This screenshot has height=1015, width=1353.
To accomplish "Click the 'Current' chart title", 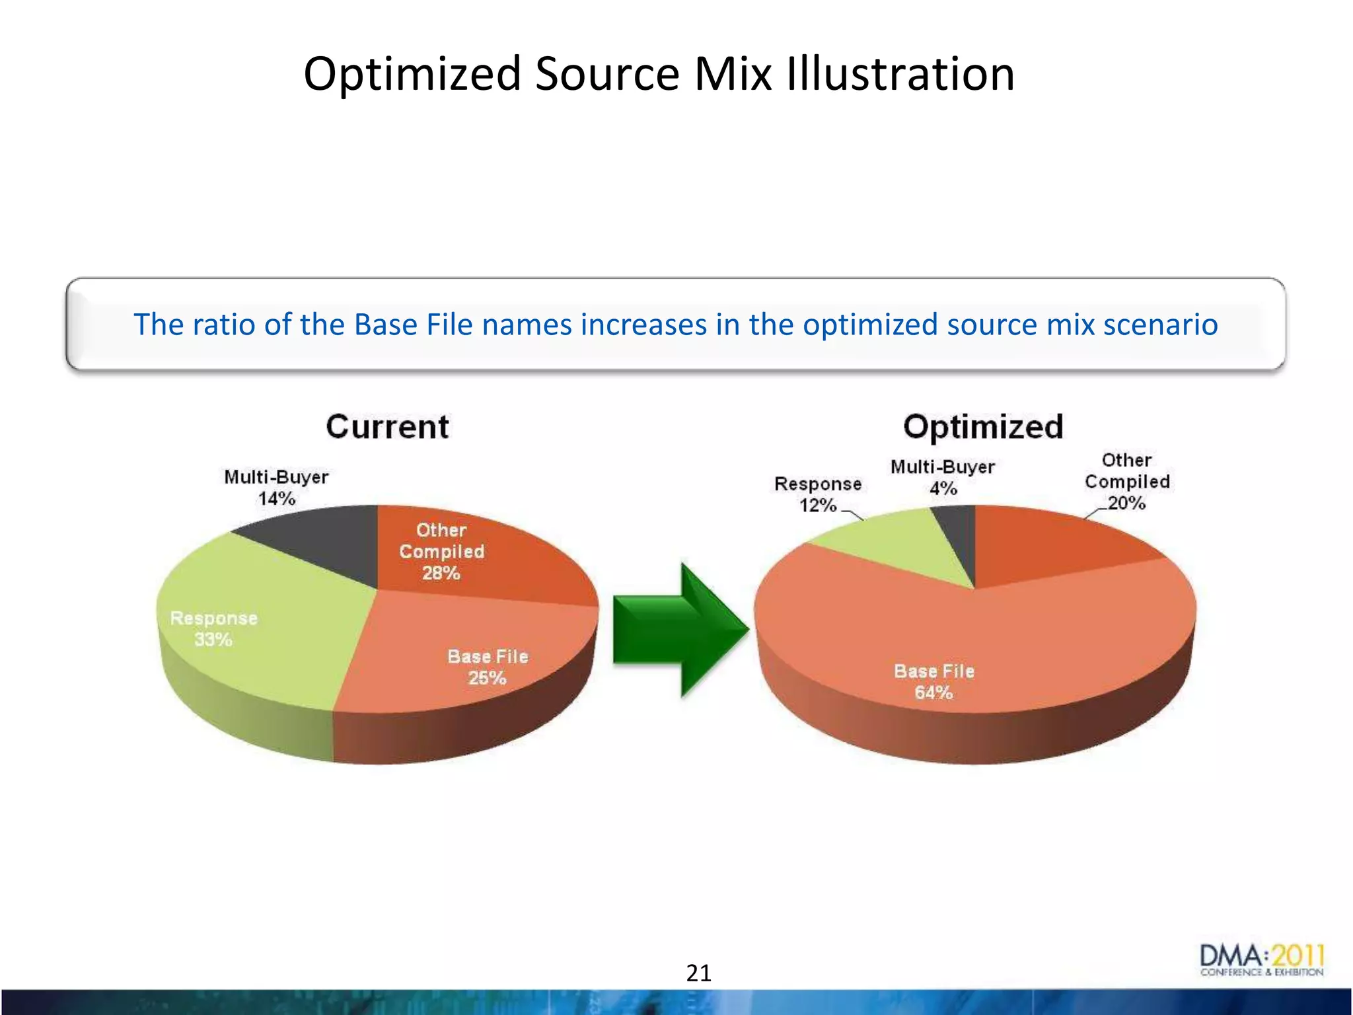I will coord(387,427).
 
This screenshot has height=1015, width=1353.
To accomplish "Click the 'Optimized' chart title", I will coord(983,427).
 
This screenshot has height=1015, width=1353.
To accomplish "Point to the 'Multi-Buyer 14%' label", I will coord(276,488).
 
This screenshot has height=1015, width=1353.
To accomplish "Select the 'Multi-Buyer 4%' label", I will coord(943,478).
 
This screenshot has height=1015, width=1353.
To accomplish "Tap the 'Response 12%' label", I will coord(818,494).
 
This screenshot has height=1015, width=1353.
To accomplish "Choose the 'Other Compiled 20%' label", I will coord(1127,482).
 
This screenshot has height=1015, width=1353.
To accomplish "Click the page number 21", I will coord(699,973).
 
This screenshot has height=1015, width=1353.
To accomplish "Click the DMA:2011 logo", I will coord(1261,960).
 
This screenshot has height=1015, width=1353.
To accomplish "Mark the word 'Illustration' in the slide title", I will coord(900,73).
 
